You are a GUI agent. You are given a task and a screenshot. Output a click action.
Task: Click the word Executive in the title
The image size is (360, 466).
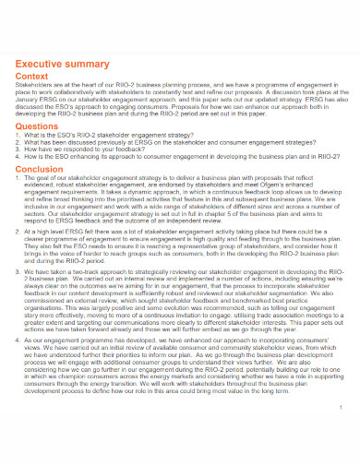[41, 64]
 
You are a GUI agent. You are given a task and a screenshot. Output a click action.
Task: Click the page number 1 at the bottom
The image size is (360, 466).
[341, 431]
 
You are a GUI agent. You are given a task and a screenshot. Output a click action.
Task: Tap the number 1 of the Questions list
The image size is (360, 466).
[18, 136]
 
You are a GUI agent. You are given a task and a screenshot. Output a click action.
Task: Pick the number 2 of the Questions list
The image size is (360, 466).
[18, 142]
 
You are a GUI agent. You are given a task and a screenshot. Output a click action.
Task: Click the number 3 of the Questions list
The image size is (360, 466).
[18, 149]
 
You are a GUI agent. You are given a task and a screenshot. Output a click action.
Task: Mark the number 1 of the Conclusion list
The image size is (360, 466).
[18, 178]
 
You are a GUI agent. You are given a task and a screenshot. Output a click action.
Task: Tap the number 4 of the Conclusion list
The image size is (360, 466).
[18, 341]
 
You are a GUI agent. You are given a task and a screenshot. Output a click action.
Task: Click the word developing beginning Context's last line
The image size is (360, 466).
[34, 117]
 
